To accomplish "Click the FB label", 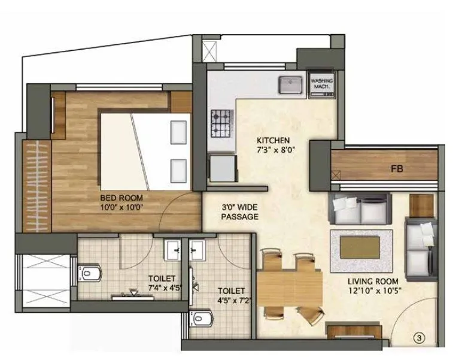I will click(x=397, y=169).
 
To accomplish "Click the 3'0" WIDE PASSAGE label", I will click(x=239, y=211).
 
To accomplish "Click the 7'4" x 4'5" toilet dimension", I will click(x=162, y=286).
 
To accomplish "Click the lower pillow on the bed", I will click(x=178, y=168).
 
